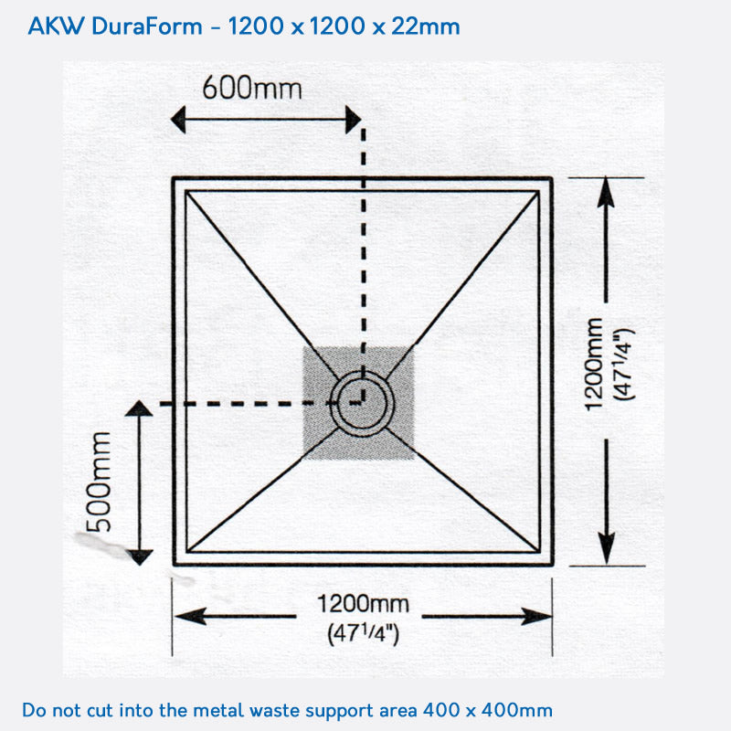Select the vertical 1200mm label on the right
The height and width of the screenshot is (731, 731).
[x=594, y=364]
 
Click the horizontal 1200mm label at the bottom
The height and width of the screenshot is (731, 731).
[x=363, y=604]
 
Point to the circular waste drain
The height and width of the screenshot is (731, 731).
[x=363, y=401]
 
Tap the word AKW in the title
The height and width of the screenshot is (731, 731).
[x=56, y=26]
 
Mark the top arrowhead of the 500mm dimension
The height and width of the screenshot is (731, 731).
[x=139, y=408]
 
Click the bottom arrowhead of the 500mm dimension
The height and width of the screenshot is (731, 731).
[x=139, y=556]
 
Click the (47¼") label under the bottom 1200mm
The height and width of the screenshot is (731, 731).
[x=363, y=632]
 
